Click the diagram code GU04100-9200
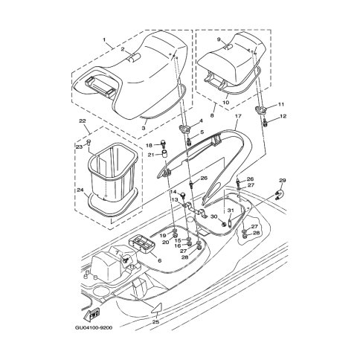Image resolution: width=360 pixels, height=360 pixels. (x=94, y=328)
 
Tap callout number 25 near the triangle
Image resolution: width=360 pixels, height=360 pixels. (x=155, y=322)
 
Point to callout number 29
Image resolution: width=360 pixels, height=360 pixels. (x=283, y=180)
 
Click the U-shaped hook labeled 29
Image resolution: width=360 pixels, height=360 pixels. (x=278, y=193)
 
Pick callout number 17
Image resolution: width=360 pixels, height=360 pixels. (x=238, y=116)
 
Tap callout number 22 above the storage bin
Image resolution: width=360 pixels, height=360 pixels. (x=83, y=121)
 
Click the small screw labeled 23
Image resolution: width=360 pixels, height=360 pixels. (x=89, y=142)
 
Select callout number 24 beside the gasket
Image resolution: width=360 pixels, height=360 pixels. (x=80, y=190)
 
